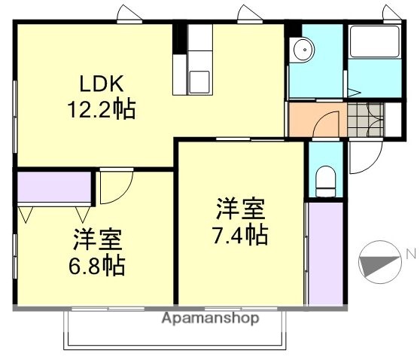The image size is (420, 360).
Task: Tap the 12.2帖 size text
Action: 102,110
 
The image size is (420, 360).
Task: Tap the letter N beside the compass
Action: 410,255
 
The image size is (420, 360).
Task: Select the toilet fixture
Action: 325,182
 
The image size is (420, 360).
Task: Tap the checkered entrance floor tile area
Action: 366,118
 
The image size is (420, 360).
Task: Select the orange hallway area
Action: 316,119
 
